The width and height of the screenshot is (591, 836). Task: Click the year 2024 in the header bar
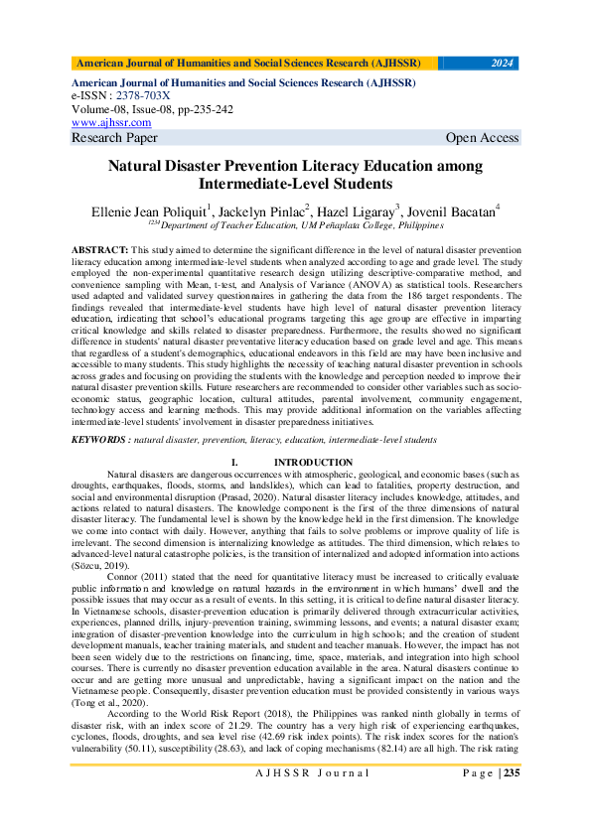click(503, 64)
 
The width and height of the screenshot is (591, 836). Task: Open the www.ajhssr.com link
click(111, 122)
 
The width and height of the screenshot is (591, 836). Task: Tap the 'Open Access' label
click(482, 138)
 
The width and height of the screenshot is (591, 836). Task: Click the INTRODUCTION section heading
click(313, 463)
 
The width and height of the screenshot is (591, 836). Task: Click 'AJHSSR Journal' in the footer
click(295, 799)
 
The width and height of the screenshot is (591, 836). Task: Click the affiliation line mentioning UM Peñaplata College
click(299, 225)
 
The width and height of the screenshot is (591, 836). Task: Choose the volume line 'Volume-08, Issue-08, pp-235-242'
click(153, 109)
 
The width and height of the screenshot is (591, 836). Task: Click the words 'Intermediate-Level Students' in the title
click(295, 184)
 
